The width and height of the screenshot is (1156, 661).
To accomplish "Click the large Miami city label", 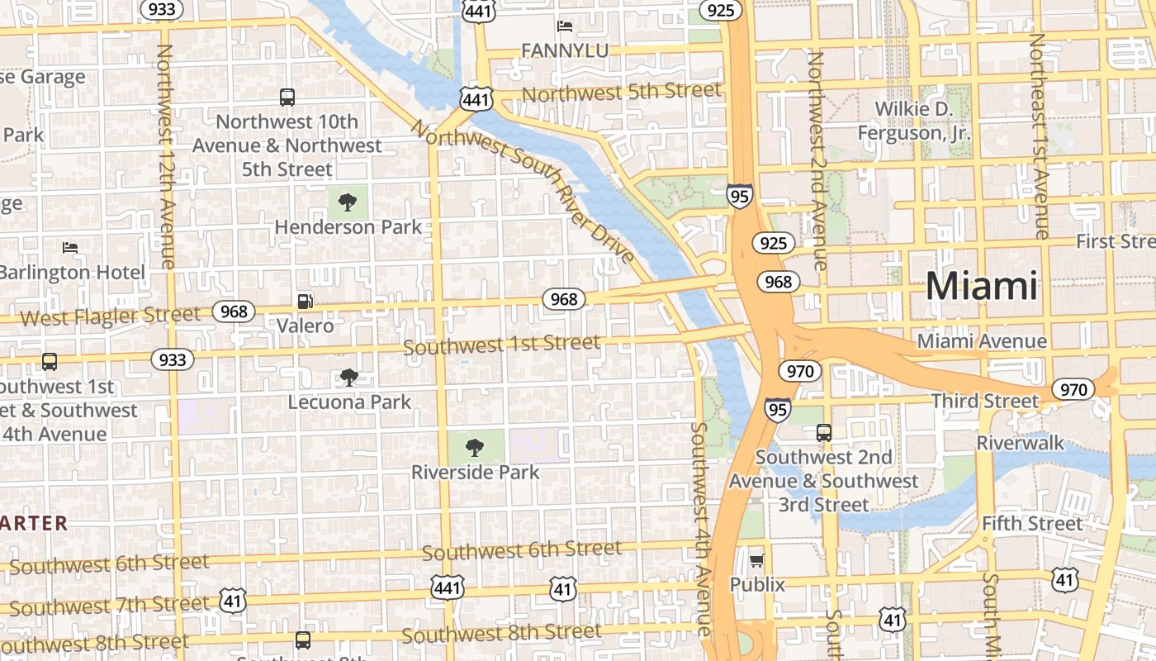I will (x=981, y=286).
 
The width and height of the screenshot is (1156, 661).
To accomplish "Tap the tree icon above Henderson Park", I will (x=348, y=202).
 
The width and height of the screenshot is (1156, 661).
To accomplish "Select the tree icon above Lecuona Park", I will (x=349, y=378).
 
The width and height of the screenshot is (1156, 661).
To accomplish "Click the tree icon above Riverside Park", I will (x=474, y=448).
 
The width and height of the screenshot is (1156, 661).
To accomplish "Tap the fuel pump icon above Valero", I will (x=306, y=302).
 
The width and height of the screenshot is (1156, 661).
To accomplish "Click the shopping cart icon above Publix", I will (x=756, y=561).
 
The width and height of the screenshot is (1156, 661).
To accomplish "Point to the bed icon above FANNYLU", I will (x=565, y=26).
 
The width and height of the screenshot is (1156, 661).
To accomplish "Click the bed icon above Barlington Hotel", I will (x=71, y=247).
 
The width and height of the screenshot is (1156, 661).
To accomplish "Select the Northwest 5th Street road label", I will (x=621, y=92).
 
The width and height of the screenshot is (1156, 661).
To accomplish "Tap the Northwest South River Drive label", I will (x=524, y=191).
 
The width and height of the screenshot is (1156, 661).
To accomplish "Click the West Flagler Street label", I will (x=110, y=316).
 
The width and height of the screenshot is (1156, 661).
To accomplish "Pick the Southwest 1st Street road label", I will (x=501, y=344).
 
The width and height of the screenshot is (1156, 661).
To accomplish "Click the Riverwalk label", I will (x=1021, y=443).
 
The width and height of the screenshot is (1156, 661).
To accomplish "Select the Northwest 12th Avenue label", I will (x=166, y=155).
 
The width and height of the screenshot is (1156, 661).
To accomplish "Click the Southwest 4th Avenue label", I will (x=700, y=529).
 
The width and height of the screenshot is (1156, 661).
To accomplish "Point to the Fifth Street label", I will (x=1031, y=524).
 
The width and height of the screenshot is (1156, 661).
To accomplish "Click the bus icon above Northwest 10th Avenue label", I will (x=287, y=97).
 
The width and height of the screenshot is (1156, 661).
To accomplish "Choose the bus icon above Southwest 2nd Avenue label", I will (x=823, y=432).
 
